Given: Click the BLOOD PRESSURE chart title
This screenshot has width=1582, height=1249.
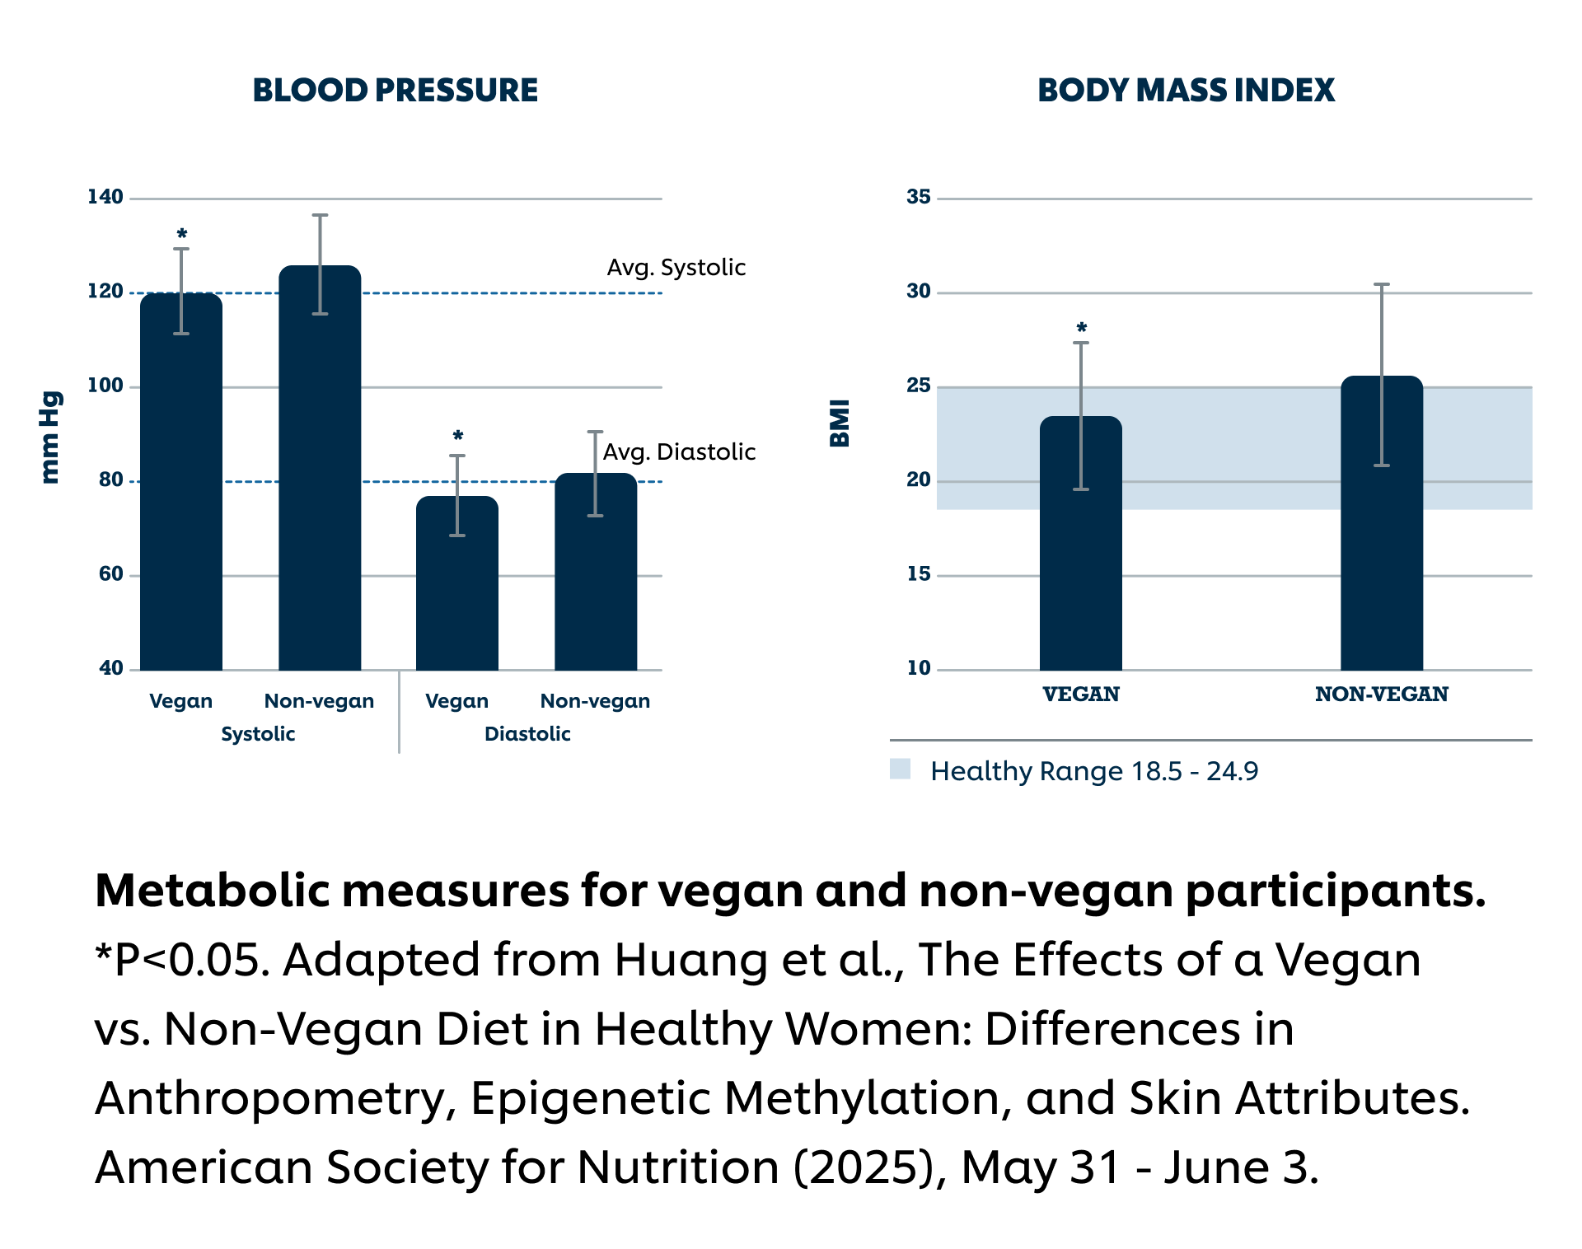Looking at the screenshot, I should [395, 90].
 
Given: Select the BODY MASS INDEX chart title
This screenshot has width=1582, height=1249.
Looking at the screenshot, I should [1186, 90].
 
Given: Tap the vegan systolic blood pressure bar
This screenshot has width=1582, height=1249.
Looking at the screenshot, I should [181, 494].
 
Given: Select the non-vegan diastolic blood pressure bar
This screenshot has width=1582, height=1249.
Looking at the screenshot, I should [596, 577].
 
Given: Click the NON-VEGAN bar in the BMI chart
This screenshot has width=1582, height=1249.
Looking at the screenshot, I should [1382, 536].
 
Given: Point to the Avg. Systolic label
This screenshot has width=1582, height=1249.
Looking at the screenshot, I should [676, 268].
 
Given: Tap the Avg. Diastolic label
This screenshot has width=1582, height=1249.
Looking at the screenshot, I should [679, 452].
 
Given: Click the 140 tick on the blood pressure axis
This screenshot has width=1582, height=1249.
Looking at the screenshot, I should [105, 197].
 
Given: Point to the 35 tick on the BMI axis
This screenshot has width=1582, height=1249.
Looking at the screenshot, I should [919, 197].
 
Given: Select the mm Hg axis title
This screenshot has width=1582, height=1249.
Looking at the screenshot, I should [50, 437].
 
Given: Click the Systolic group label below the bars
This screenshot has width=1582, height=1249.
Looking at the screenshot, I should [258, 734].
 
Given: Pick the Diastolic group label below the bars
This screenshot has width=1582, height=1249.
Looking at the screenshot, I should [527, 734].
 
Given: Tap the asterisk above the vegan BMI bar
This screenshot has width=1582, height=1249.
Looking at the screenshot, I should [1082, 329].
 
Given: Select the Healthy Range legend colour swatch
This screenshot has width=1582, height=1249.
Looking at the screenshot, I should [900, 770].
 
